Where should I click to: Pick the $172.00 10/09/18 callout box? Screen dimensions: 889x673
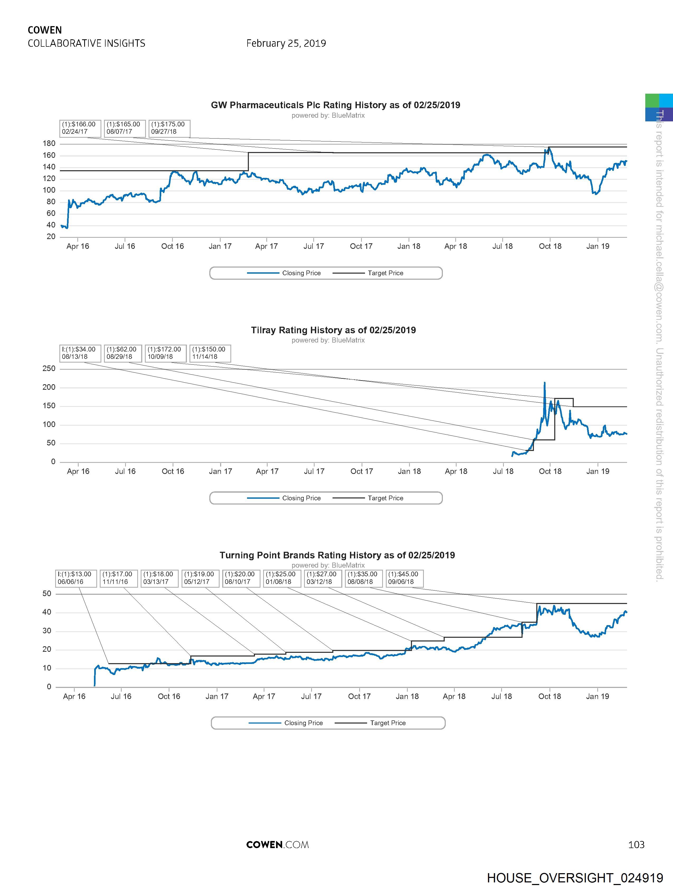tap(165, 353)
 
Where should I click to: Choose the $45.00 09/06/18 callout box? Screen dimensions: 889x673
tap(404, 578)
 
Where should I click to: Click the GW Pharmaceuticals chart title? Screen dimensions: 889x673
tap(335, 105)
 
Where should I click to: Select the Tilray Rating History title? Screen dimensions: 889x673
tap(333, 330)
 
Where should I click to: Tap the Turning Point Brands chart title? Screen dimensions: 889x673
tap(337, 555)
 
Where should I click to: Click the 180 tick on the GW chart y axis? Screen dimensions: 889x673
tap(49, 144)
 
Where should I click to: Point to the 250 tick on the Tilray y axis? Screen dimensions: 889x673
tap(49, 369)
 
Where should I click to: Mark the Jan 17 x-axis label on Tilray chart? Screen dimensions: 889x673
tap(220, 471)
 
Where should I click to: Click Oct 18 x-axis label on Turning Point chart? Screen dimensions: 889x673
tap(549, 696)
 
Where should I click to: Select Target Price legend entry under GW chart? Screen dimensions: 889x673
tap(385, 273)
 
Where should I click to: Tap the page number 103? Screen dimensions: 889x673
tap(636, 844)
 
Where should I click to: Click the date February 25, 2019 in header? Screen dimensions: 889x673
tap(286, 43)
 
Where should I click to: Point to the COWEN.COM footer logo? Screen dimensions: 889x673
tap(277, 844)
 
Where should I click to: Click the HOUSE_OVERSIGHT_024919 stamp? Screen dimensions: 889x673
tap(575, 878)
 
